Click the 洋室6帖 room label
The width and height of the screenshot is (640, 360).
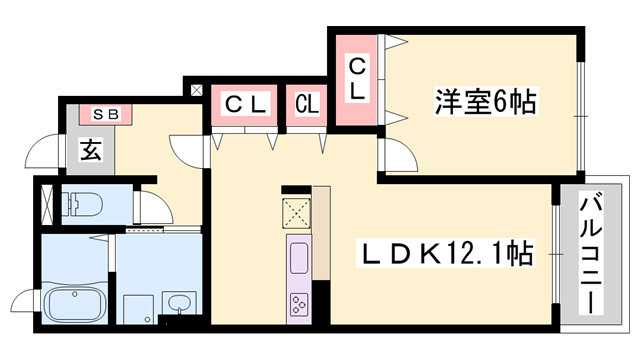(x=485, y=101)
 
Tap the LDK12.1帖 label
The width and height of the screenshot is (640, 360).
(x=445, y=253)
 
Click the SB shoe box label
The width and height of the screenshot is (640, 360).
(x=106, y=115)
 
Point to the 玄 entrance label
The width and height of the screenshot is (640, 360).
(x=91, y=149)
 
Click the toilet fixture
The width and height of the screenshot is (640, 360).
(x=82, y=204)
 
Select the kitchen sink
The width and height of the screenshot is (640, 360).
(x=299, y=258)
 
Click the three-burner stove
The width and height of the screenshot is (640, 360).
(x=299, y=304)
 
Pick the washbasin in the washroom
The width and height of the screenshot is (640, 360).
(x=179, y=303)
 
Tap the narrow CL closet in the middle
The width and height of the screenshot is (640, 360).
(x=307, y=105)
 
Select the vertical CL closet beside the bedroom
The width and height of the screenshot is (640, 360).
(x=356, y=80)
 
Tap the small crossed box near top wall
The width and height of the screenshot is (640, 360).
(x=196, y=90)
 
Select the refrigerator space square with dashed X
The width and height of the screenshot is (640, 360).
(x=297, y=212)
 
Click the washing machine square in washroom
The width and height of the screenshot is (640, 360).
(x=139, y=310)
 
